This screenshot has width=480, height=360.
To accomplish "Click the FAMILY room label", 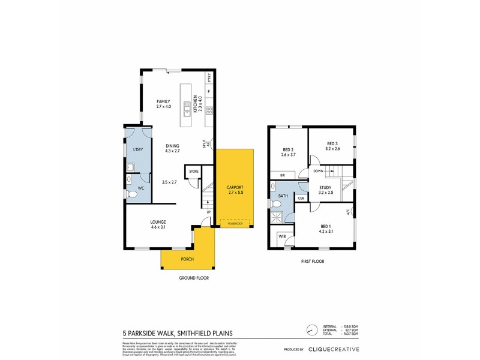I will tap(164, 101).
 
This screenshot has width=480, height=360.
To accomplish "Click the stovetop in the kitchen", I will tap(209, 110).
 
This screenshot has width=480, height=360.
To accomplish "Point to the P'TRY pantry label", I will tap(209, 77).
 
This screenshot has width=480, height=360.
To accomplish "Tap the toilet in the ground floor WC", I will tap(131, 194).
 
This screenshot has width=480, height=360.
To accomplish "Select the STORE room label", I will tap(194, 172).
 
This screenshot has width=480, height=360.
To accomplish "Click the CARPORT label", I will tap(235, 188).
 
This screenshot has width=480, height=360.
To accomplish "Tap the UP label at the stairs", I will tap(208, 212).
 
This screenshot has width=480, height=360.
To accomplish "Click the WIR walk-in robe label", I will tap(281, 237).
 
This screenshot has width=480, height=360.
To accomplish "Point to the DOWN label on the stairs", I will tap(319, 170).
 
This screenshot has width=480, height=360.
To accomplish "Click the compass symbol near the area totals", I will tap(311, 331).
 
